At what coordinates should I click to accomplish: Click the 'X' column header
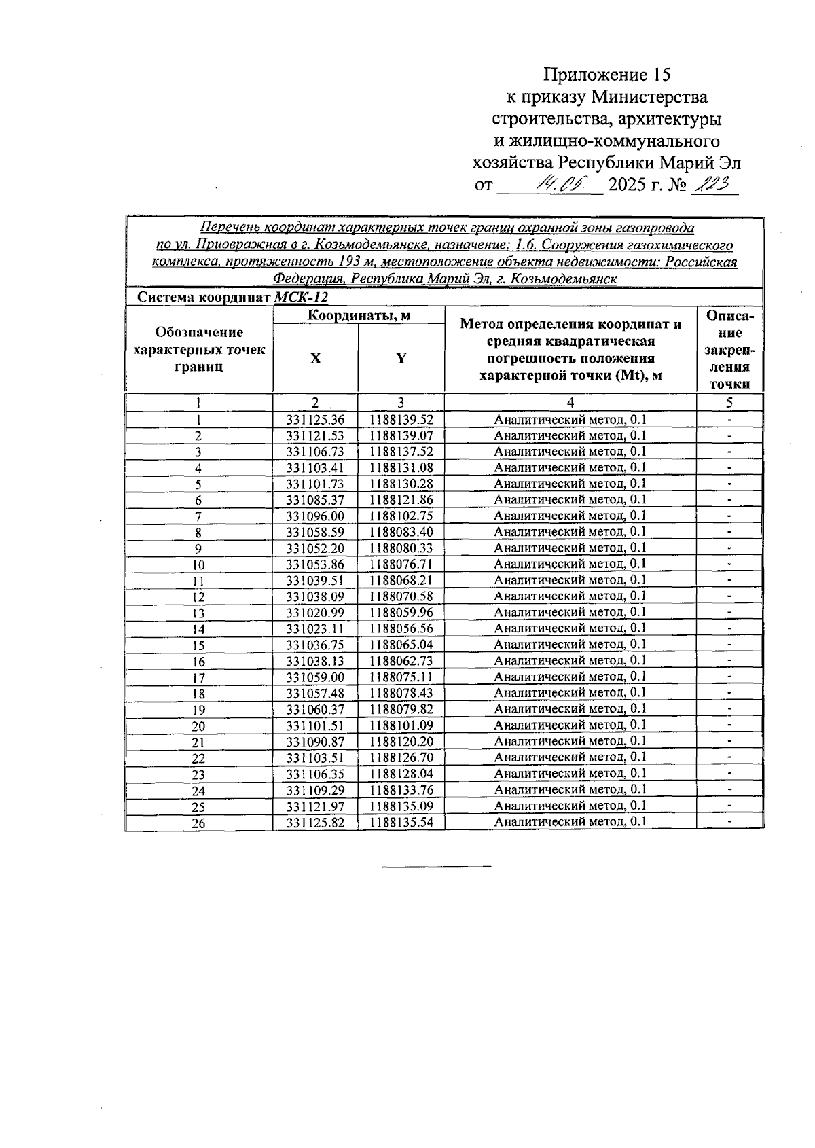(315, 359)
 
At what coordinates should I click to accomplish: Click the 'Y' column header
(401, 359)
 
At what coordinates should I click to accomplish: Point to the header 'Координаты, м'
(359, 315)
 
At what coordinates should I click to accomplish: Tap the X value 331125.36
(315, 420)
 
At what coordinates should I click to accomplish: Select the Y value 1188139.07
(401, 435)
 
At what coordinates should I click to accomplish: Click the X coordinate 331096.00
(315, 516)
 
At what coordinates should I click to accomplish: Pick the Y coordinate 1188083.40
(401, 532)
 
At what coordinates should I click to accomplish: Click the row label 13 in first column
(198, 613)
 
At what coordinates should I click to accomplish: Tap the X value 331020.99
(315, 613)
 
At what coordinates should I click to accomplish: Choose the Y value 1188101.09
(401, 725)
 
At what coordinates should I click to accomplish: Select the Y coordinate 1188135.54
(401, 822)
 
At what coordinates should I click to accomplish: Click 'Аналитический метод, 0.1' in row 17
(570, 677)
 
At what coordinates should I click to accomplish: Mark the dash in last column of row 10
(729, 564)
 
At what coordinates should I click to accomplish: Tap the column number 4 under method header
(570, 402)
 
